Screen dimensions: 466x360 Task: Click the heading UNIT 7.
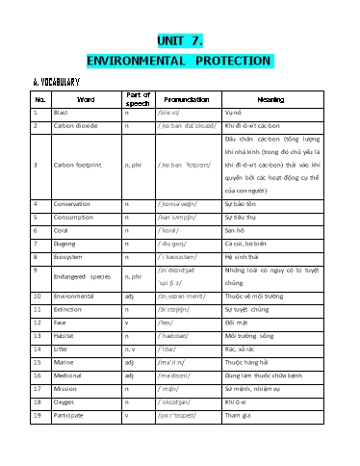(x=179, y=41)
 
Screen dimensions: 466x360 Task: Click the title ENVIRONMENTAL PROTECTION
(x=179, y=62)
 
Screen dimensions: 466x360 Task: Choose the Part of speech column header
(x=127, y=97)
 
